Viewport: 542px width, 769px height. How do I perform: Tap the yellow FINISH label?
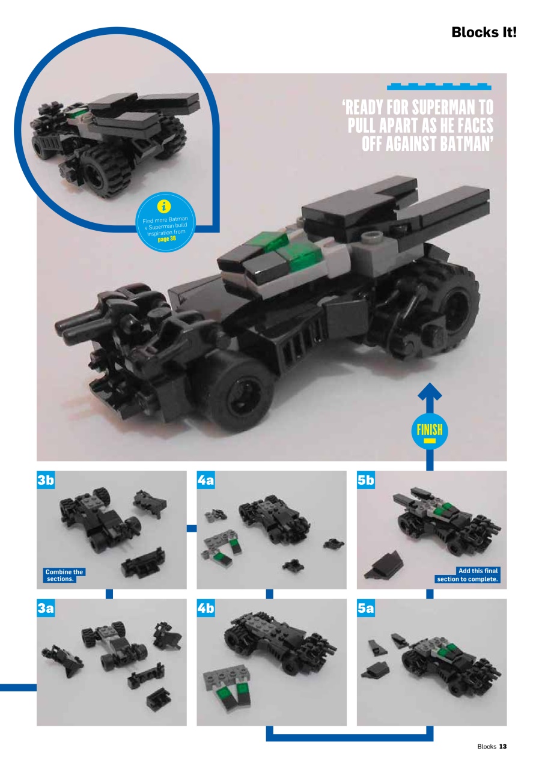429,430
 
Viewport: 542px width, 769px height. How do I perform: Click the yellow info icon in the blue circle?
163,206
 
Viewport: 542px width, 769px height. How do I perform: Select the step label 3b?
46,480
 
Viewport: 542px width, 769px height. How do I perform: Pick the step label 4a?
206,480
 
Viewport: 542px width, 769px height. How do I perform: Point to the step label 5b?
366,480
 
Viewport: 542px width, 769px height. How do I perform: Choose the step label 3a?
46,609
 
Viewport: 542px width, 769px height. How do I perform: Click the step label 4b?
206,609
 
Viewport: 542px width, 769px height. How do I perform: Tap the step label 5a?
366,609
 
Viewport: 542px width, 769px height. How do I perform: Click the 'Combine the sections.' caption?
64,576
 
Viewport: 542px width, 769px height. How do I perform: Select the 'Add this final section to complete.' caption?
469,575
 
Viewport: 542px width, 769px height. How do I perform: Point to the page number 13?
503,746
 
